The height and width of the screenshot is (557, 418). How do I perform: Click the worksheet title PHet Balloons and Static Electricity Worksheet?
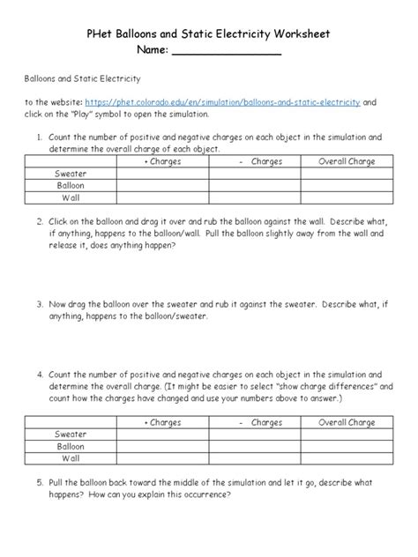click(x=209, y=33)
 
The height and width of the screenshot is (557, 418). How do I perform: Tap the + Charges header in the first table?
click(x=162, y=162)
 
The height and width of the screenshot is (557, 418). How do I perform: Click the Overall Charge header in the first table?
click(x=347, y=162)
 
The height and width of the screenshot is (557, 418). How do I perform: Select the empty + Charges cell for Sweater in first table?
click(x=162, y=175)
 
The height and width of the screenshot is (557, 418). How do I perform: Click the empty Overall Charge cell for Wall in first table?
click(x=347, y=199)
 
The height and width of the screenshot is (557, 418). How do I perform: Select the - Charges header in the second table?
click(x=255, y=423)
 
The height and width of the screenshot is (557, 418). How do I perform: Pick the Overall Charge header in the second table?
click(x=347, y=423)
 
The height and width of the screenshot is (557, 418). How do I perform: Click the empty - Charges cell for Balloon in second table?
click(x=255, y=447)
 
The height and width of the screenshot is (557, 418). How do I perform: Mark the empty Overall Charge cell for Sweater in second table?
click(x=347, y=435)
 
